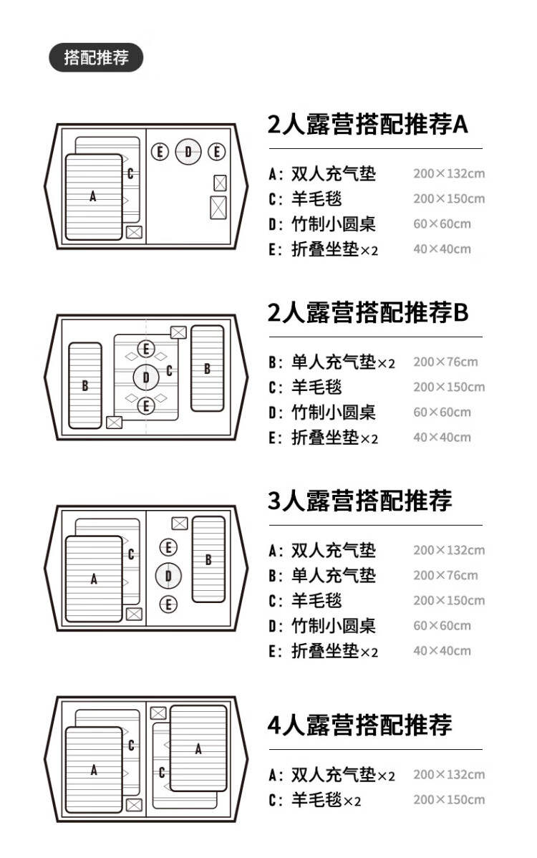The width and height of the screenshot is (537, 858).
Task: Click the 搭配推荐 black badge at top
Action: (96, 58)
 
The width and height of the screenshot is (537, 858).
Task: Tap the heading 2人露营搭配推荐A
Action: (367, 125)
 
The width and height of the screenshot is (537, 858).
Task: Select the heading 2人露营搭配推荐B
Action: (367, 312)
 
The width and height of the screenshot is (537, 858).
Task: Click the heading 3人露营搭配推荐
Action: (359, 501)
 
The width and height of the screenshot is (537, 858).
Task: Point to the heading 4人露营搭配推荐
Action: (359, 724)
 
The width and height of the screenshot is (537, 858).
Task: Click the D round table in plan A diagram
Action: (188, 151)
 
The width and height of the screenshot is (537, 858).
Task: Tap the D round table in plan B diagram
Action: (146, 377)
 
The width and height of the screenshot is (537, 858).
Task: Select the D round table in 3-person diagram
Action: (168, 575)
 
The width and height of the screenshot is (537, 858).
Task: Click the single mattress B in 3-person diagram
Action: (208, 559)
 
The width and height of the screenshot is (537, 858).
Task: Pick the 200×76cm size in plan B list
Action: (445, 362)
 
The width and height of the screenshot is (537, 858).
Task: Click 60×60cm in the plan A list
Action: (442, 223)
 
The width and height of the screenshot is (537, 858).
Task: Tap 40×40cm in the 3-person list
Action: (442, 651)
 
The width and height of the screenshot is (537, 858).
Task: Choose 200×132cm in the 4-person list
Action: (449, 774)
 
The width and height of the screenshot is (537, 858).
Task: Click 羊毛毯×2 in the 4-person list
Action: (326, 800)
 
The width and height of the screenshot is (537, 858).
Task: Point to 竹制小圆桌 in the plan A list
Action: (333, 223)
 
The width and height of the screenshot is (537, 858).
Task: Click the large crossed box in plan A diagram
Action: (218, 207)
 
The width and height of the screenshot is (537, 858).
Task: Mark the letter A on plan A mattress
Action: (93, 196)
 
